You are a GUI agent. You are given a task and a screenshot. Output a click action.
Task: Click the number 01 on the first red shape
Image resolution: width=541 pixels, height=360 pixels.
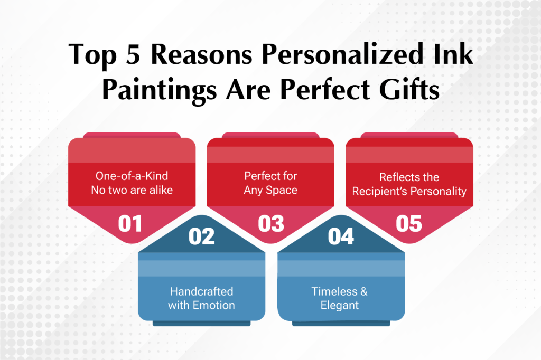[x=130, y=224]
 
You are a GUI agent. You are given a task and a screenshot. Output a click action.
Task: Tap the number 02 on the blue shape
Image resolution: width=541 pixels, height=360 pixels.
[x=201, y=236]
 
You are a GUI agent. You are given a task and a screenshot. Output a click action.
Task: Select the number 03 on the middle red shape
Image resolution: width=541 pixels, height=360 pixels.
[x=271, y=224]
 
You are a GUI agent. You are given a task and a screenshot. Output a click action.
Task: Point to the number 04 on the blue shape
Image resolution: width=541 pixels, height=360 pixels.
[x=341, y=236]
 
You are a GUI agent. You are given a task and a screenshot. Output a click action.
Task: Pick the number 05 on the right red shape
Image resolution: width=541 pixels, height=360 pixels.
[x=409, y=224]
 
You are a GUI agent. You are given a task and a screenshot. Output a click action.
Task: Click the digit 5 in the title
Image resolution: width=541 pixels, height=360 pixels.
[x=133, y=54]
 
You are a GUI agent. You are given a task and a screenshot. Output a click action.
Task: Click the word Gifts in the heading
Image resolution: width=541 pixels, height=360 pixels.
[x=409, y=89]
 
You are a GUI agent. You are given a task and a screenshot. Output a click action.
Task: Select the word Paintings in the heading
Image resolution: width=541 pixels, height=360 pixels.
[x=160, y=91]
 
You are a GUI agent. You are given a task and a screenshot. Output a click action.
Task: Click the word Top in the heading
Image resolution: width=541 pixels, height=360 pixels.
[x=92, y=56]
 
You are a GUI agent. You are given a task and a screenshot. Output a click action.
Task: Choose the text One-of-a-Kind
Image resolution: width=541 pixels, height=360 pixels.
[x=132, y=176]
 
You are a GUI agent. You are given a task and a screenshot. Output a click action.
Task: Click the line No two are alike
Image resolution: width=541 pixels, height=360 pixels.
[x=132, y=190]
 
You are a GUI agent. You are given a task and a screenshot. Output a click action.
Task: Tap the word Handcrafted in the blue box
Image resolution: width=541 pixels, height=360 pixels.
[x=201, y=291]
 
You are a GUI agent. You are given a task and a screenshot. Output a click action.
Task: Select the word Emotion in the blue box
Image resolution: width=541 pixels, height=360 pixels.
[x=213, y=305]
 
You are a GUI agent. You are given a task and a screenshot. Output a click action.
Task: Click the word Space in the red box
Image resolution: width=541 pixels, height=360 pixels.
[x=281, y=191]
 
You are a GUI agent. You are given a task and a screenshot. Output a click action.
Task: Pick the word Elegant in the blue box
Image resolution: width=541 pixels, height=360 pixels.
[x=340, y=306]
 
